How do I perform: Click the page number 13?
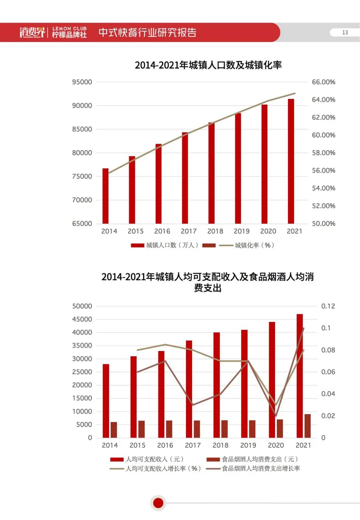pyautogui.click(x=345, y=32)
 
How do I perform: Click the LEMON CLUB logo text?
pyautogui.click(x=69, y=29)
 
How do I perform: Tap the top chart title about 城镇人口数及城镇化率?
pyautogui.click(x=208, y=65)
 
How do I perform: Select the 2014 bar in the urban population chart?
pyautogui.click(x=105, y=196)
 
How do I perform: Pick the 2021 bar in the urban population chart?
pyautogui.click(x=291, y=161)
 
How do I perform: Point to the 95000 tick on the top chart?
pyautogui.click(x=82, y=82)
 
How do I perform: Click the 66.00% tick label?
pyautogui.click(x=323, y=82)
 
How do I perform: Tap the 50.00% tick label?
pyautogui.click(x=323, y=224)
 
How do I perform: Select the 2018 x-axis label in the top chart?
pyautogui.click(x=215, y=231)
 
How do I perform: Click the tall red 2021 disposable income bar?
pyautogui.click(x=300, y=376)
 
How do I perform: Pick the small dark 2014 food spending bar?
pyautogui.click(x=114, y=430)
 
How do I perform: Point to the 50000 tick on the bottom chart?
pyautogui.click(x=82, y=306)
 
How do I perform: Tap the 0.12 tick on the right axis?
pyautogui.click(x=328, y=306)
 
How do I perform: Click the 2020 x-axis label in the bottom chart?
pyautogui.click(x=276, y=445)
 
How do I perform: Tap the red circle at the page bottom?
pyautogui.click(x=158, y=503)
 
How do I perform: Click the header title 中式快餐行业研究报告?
pyautogui.click(x=147, y=32)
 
